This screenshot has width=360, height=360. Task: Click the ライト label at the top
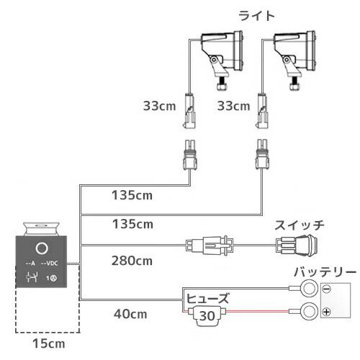[256, 17]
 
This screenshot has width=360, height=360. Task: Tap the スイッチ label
[300, 225]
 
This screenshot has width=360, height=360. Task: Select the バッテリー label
[325, 272]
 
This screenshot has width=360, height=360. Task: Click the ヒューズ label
[208, 298]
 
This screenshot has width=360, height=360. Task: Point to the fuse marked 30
[207, 316]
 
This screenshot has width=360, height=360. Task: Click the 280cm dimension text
[132, 261]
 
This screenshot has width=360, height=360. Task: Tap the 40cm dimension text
[130, 314]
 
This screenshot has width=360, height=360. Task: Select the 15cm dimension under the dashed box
[49, 343]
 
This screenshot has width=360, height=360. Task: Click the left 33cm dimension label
[159, 106]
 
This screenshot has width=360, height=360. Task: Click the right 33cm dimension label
[233, 106]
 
